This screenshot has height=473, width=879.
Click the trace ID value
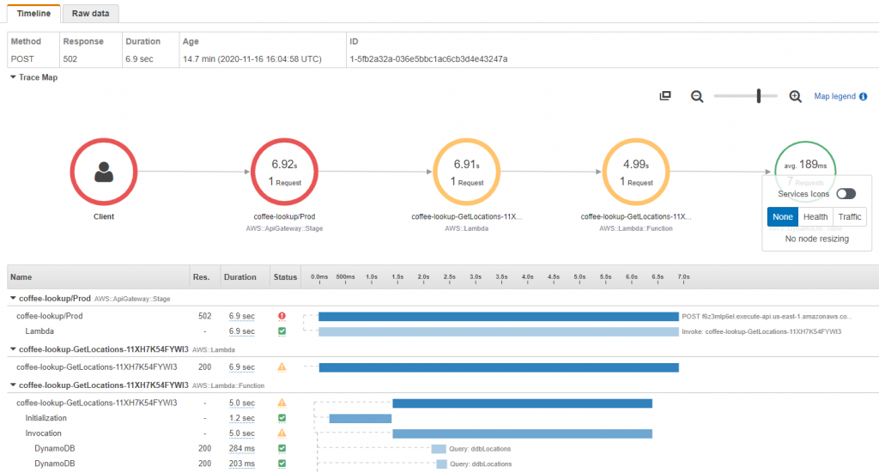(428, 59)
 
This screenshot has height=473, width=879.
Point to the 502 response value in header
(72, 59)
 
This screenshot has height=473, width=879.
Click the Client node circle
(104, 172)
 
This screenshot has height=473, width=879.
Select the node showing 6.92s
(284, 172)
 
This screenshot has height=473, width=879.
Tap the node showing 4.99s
(636, 172)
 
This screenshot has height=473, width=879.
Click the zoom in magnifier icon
(796, 96)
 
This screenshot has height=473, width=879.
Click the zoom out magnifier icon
(698, 96)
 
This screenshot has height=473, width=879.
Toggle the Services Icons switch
(846, 194)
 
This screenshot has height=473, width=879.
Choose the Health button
(815, 217)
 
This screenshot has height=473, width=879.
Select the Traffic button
(850, 217)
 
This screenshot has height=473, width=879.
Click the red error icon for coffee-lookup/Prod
(282, 316)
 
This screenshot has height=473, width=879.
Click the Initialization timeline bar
(361, 418)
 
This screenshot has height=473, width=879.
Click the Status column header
(285, 277)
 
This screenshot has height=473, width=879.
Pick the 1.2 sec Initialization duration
(241, 418)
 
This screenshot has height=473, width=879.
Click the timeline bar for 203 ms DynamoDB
(441, 464)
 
